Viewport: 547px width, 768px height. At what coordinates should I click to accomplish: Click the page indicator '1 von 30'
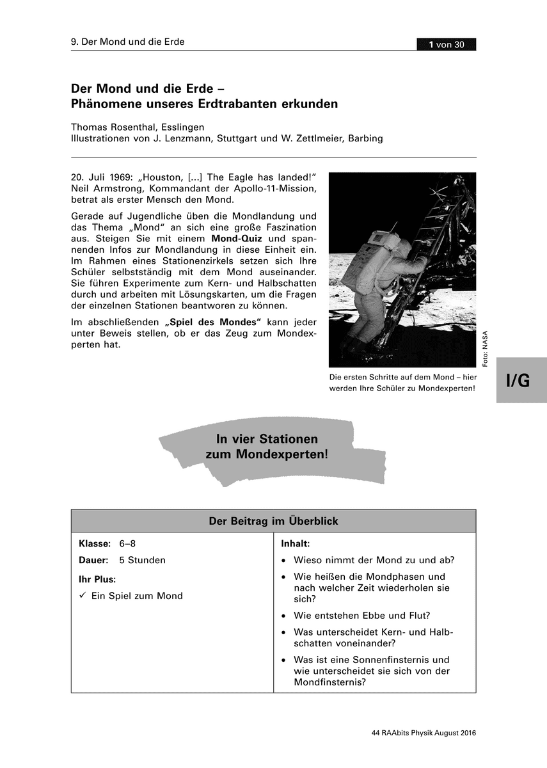tap(447, 44)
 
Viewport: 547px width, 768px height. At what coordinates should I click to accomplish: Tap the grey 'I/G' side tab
tap(519, 380)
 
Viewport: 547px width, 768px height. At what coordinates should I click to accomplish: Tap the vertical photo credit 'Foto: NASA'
tap(485, 349)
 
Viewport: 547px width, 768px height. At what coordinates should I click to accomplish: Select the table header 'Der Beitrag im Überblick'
tap(273, 521)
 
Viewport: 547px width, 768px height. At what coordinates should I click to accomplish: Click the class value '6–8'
tap(127, 543)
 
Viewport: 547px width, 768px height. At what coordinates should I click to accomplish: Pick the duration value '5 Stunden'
tap(142, 560)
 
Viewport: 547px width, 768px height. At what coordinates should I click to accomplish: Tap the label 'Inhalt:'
tap(296, 543)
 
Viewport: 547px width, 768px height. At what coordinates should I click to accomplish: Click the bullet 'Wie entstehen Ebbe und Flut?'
tap(361, 616)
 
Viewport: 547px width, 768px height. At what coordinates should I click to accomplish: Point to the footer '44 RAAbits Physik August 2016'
tap(424, 733)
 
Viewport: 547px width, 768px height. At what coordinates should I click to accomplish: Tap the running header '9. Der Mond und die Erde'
tap(127, 42)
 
